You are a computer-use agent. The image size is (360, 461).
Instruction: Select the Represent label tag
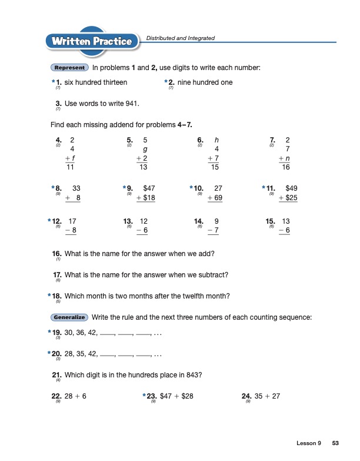70,68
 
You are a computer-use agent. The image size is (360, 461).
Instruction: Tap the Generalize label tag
70,317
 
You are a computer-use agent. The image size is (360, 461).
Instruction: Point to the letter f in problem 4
72,158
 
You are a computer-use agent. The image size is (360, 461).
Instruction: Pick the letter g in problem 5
145,149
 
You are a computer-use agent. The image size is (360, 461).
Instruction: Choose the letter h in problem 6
217,140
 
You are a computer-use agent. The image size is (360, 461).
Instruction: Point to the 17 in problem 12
73,221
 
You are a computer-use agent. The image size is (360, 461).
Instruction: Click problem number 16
58,253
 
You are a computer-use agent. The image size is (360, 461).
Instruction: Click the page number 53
335,442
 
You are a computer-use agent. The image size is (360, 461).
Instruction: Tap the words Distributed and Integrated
180,38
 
